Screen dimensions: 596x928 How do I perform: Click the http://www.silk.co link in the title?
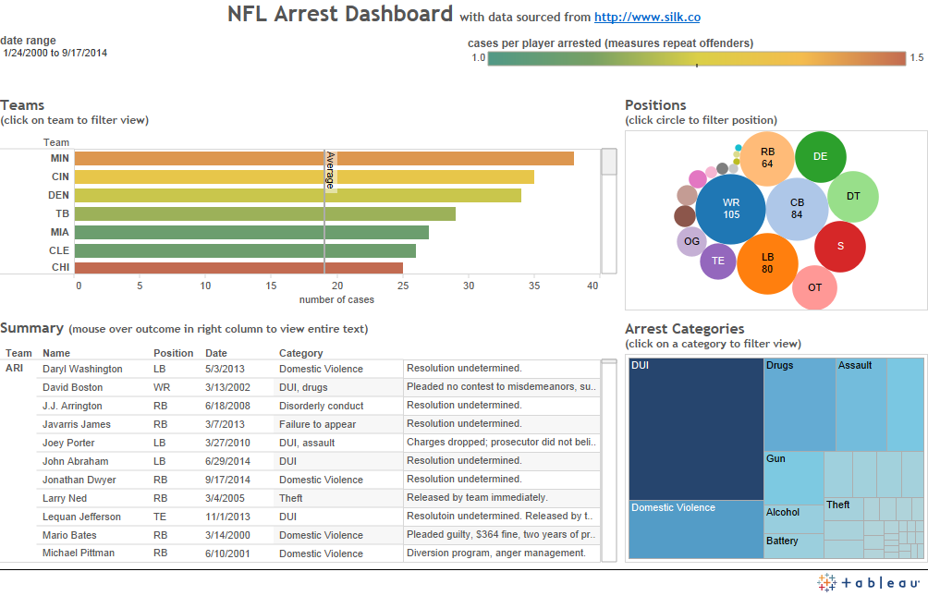click(x=653, y=17)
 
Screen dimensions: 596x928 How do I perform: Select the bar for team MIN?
click(x=324, y=158)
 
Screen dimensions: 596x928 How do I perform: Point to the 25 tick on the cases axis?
click(x=403, y=286)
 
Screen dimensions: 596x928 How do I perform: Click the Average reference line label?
click(x=329, y=172)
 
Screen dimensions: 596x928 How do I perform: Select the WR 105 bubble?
click(x=731, y=209)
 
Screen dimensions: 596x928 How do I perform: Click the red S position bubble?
click(x=839, y=246)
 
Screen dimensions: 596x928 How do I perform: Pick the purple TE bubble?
click(x=718, y=261)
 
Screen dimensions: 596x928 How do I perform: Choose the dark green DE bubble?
click(x=820, y=156)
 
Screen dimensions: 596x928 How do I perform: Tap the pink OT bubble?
click(x=814, y=287)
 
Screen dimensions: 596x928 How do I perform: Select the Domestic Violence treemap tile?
click(x=695, y=529)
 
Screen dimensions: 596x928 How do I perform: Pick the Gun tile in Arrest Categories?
click(x=793, y=477)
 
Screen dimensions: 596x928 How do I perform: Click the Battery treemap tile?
click(x=794, y=545)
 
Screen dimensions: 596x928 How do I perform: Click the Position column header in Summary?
click(x=173, y=353)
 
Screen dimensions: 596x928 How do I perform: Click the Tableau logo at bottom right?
click(x=868, y=582)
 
